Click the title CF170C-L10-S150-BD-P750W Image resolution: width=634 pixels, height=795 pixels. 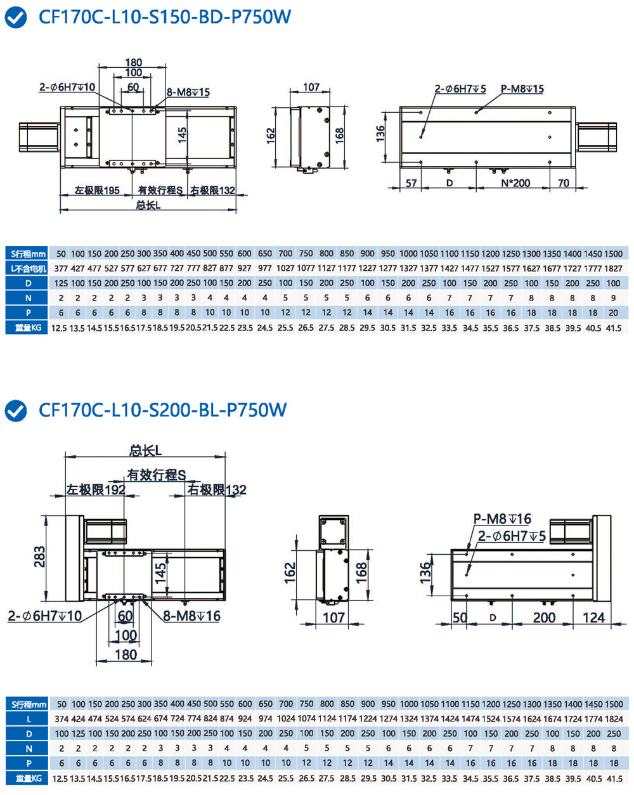tap(165, 16)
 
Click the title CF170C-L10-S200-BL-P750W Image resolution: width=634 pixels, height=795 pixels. tap(163, 410)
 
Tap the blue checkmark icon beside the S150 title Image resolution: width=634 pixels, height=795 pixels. tap(16, 17)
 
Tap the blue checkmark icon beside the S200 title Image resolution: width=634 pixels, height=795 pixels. tap(16, 411)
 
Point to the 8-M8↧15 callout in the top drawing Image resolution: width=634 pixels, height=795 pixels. tap(188, 92)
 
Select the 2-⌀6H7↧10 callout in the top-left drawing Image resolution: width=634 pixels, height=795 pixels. tap(67, 87)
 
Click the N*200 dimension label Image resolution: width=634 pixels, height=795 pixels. tap(515, 183)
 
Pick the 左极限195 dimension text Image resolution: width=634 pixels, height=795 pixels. tap(97, 190)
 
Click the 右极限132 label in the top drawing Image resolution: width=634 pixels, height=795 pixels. tap(212, 190)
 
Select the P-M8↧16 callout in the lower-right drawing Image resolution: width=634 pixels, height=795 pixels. tap(502, 519)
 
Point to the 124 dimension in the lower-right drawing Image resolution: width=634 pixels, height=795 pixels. tap(593, 617)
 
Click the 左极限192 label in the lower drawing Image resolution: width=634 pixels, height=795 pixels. tap(96, 489)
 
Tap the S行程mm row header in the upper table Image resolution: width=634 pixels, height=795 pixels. tap(28, 254)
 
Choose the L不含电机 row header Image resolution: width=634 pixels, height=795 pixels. tap(28, 268)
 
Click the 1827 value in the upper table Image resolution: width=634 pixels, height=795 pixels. tap(613, 268)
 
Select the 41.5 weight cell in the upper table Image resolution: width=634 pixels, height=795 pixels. tap(613, 328)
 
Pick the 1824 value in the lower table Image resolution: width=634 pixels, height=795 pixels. tap(614, 719)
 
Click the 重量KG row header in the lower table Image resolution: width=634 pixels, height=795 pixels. tap(28, 779)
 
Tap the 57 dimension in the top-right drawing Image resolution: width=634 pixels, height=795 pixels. tap(411, 183)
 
